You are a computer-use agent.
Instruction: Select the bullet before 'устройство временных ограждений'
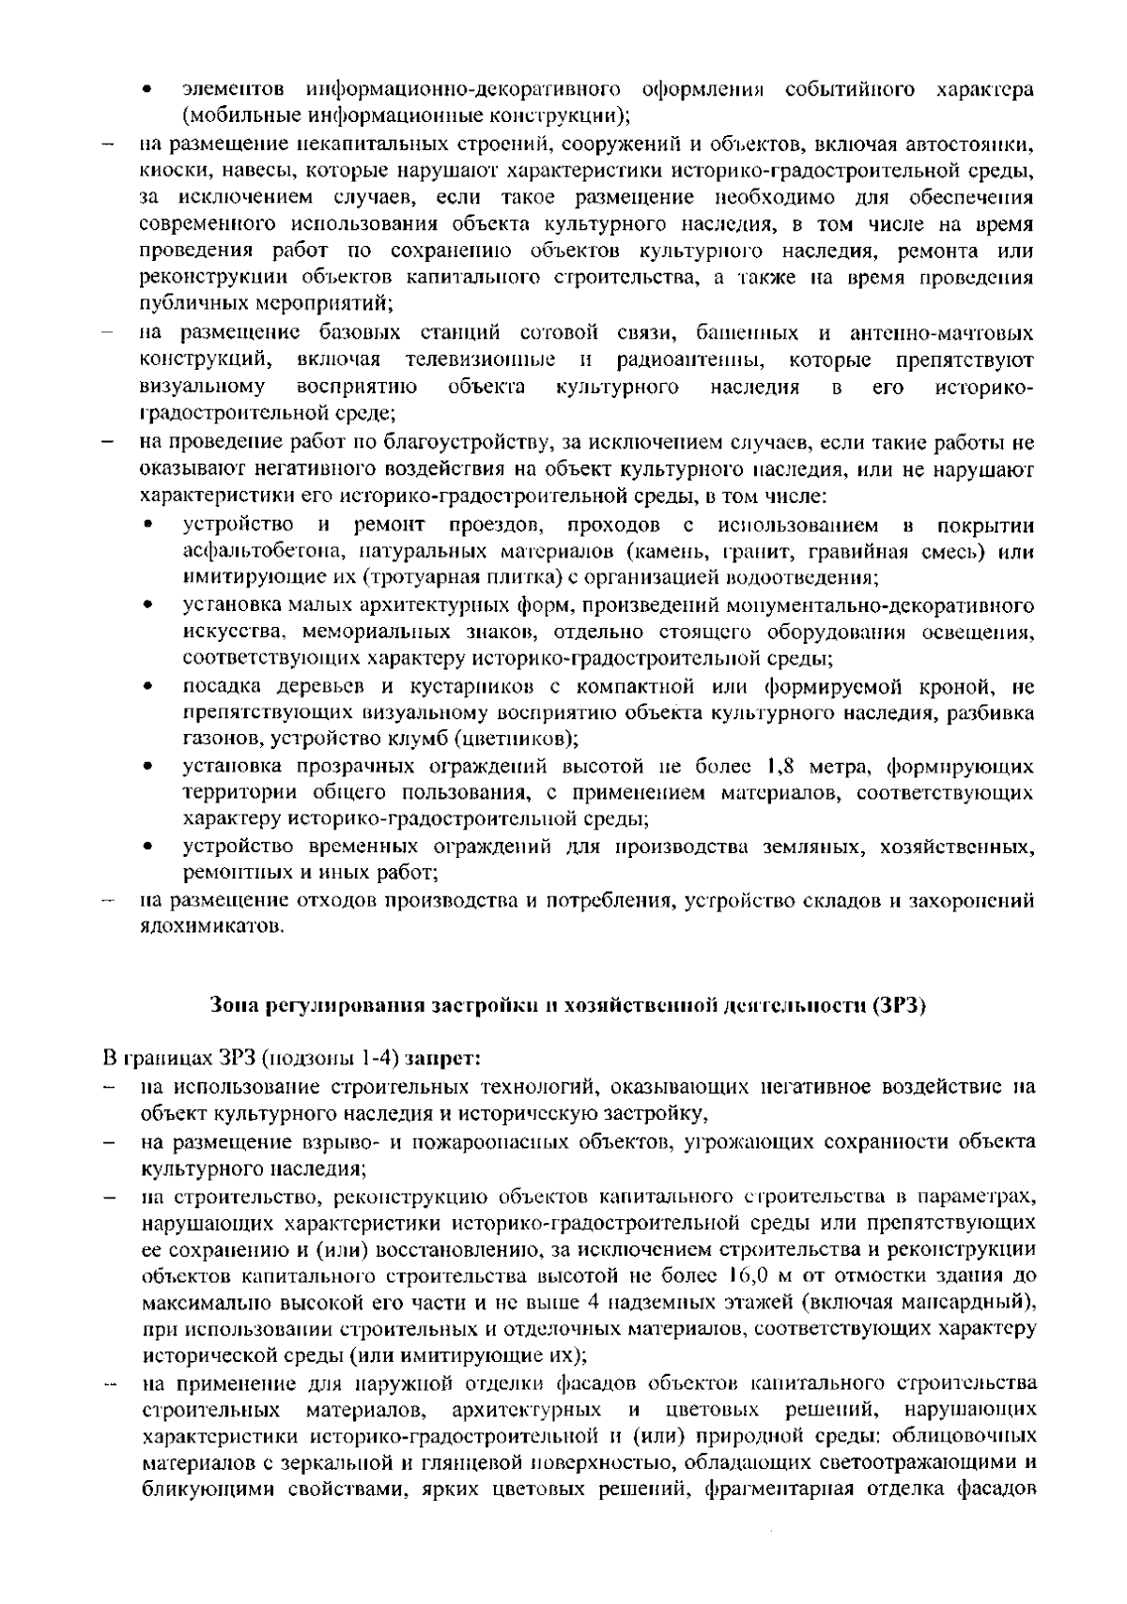pos(148,848)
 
